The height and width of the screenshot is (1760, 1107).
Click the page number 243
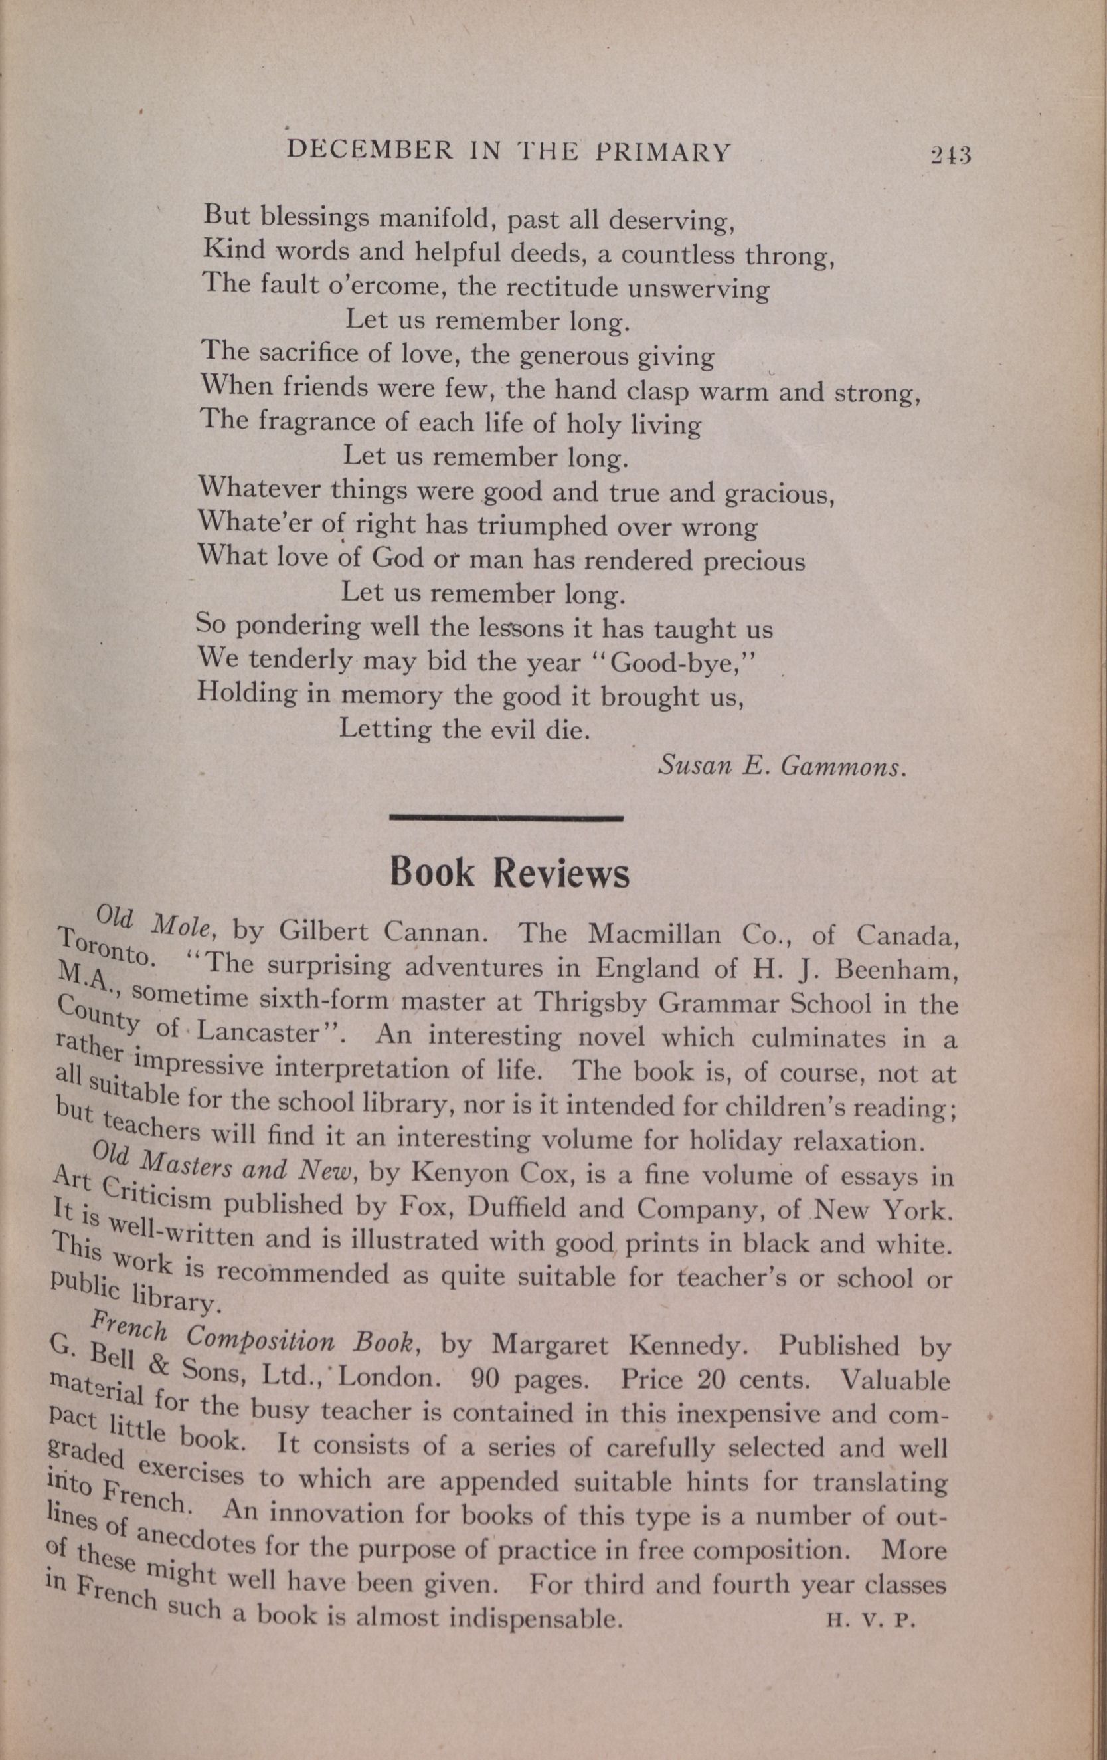pos(949,155)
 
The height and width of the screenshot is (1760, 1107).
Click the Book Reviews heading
pos(509,872)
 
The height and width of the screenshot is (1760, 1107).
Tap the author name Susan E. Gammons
pos(782,766)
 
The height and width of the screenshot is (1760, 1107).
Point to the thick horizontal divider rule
pos(507,817)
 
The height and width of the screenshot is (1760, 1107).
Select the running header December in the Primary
pos(509,152)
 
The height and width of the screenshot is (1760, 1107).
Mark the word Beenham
pos(894,969)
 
